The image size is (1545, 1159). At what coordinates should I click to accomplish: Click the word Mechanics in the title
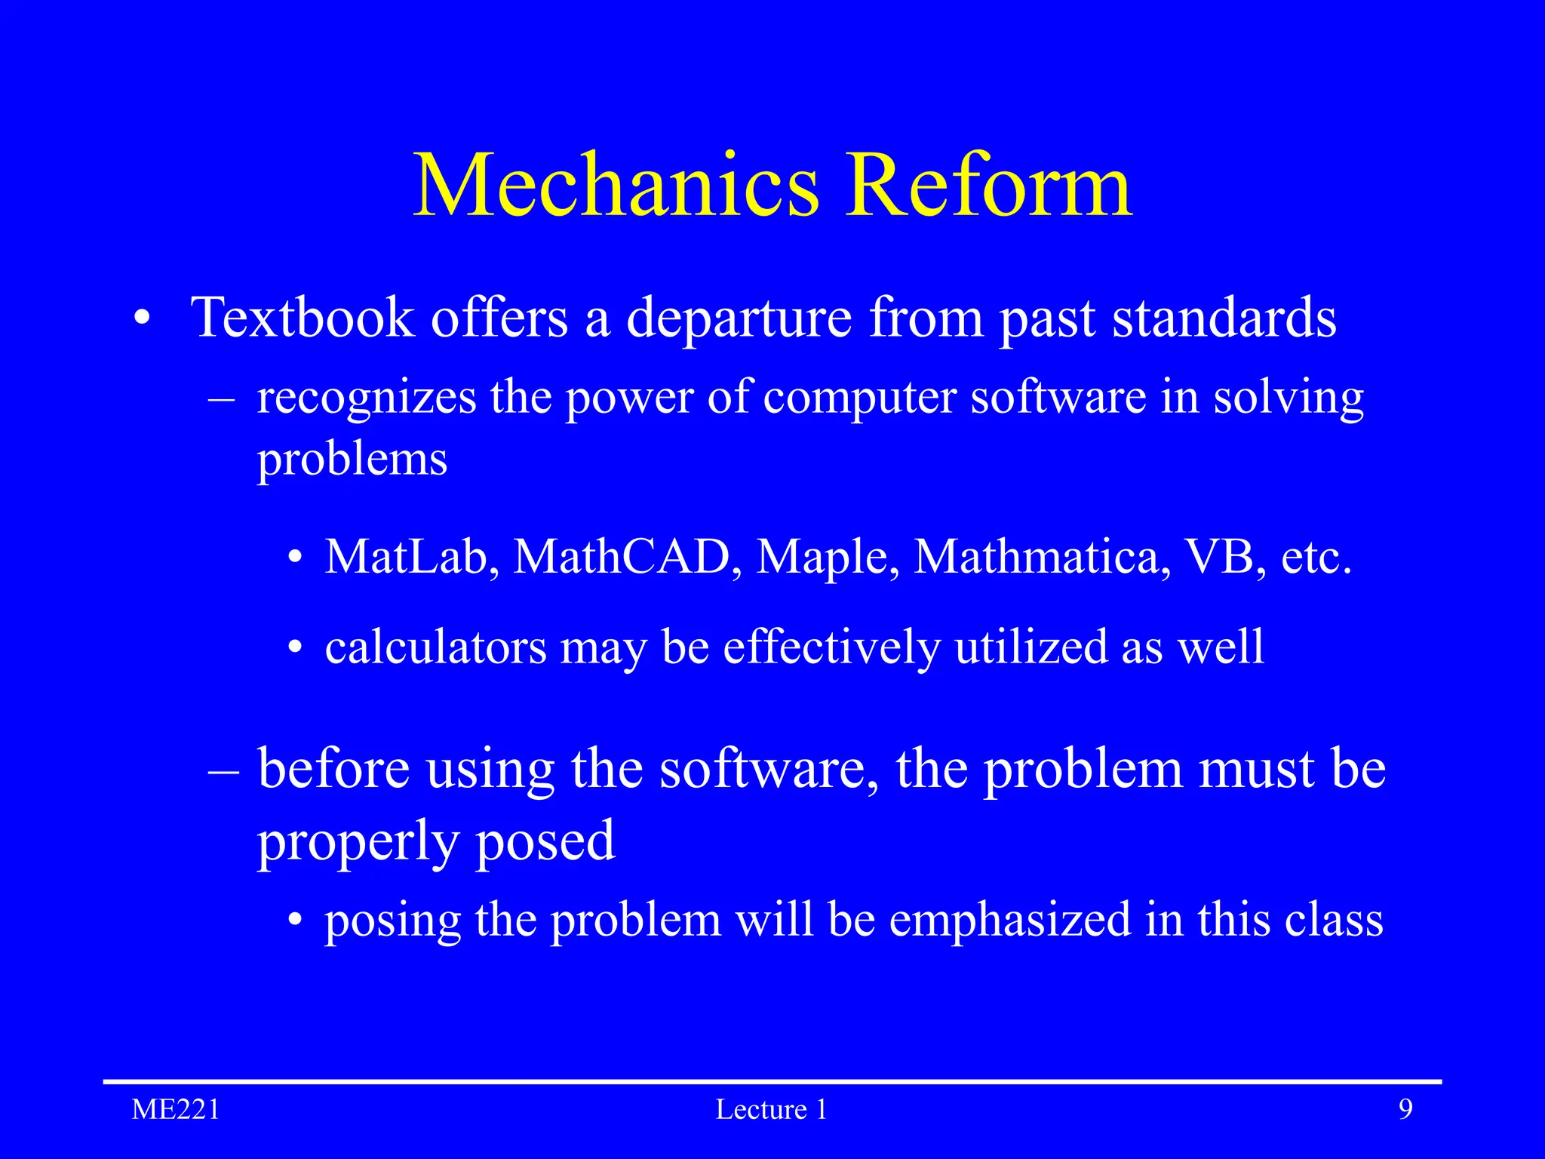616,186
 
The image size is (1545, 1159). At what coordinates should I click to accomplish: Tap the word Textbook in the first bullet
303,318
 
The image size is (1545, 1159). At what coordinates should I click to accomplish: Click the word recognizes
367,398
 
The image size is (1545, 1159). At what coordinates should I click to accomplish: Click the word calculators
435,647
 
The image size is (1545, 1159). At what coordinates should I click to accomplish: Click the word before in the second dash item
333,769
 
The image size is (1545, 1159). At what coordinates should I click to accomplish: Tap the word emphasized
1009,921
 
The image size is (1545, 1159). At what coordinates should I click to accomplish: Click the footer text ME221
176,1110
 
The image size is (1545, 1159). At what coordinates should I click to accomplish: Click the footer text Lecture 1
771,1110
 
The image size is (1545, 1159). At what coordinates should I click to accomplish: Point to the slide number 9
1405,1110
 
